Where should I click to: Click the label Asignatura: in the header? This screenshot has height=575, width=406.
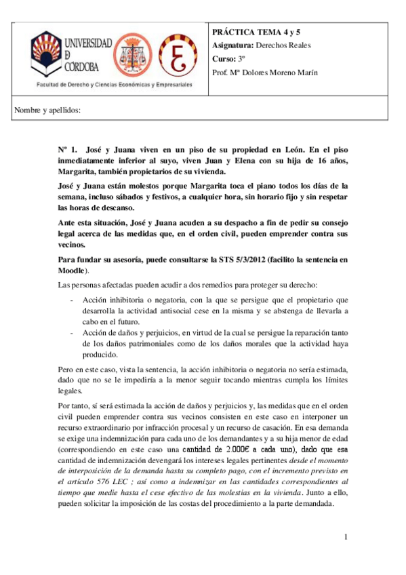click(232, 45)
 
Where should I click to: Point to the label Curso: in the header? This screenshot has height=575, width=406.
click(225, 59)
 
